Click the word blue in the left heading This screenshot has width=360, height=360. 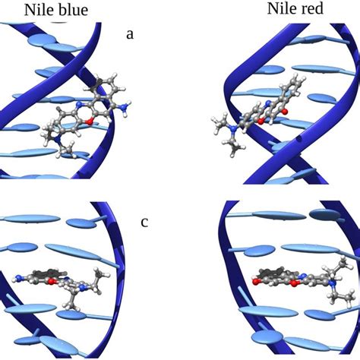[x=68, y=11]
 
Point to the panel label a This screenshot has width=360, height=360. [x=130, y=33]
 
